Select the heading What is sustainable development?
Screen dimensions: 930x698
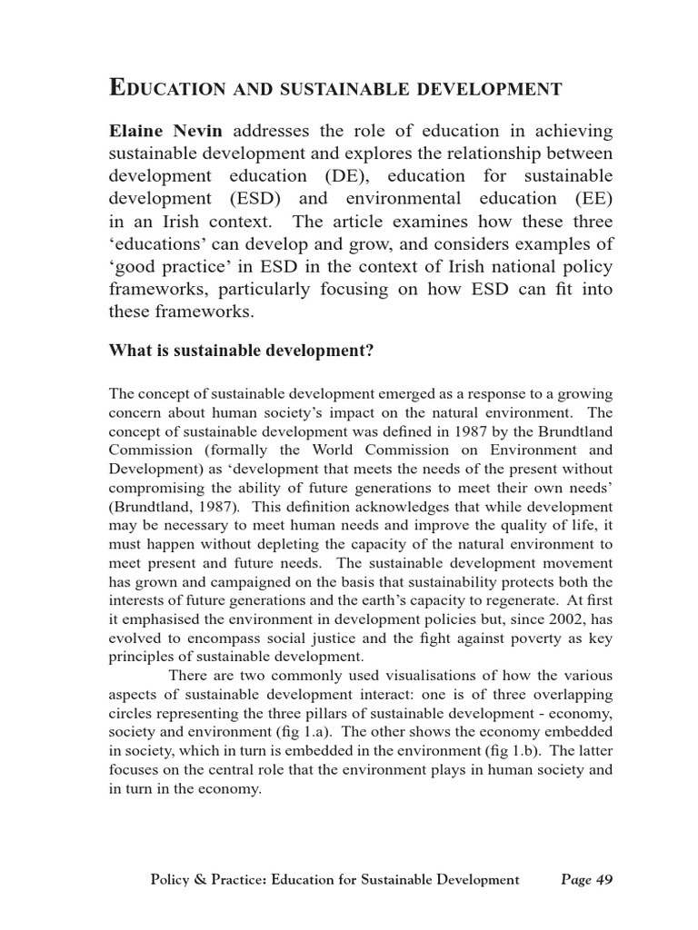pyautogui.click(x=241, y=351)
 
